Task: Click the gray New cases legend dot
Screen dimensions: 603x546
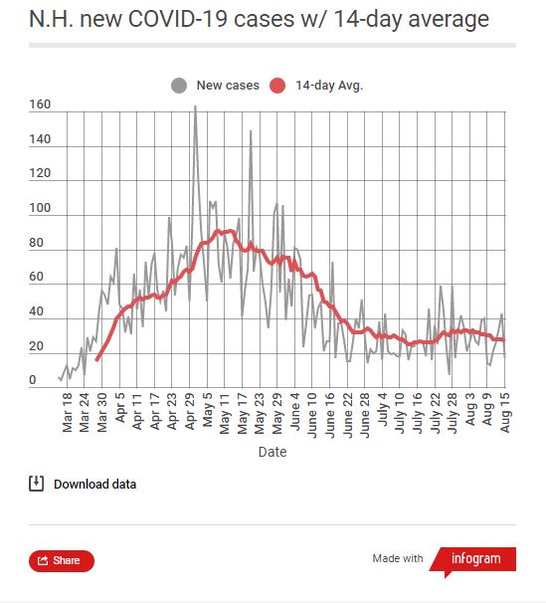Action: coord(179,86)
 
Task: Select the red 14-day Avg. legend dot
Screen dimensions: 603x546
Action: coord(278,86)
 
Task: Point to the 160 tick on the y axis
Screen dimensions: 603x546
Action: coord(41,104)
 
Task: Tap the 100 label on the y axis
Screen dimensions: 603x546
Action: coord(41,208)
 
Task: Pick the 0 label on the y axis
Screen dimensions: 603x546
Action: coord(33,380)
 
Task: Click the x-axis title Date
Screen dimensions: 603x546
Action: coord(272,452)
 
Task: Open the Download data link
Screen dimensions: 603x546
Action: coord(94,485)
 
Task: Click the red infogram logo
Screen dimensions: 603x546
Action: coord(474,559)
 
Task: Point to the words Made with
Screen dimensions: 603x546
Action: coord(398,559)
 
